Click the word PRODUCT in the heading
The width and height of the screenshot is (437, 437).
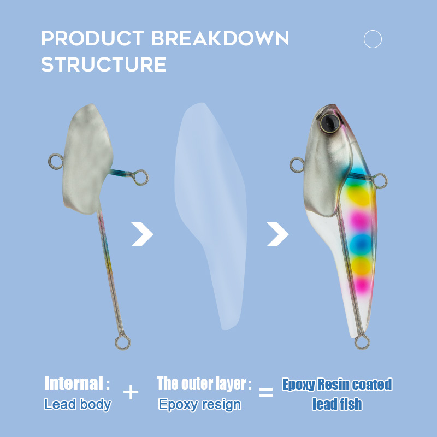point(92,38)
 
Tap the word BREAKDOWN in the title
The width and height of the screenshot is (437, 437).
point(221,38)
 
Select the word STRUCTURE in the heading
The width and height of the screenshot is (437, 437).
point(104,64)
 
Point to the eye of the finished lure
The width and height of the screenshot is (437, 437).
point(330,123)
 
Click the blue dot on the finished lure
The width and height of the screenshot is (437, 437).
point(361,244)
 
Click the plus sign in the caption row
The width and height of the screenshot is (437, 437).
point(131,392)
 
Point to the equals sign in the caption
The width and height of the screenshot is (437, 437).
point(266,392)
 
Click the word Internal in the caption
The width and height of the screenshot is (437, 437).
point(74,383)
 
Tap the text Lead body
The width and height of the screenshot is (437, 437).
point(78,404)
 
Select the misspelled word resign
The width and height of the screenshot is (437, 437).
point(222,405)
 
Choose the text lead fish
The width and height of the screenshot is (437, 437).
point(337,404)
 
